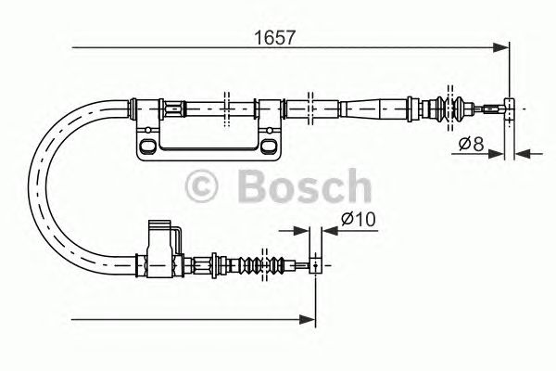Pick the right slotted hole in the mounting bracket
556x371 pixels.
(x=269, y=147)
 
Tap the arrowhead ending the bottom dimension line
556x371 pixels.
(x=310, y=320)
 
